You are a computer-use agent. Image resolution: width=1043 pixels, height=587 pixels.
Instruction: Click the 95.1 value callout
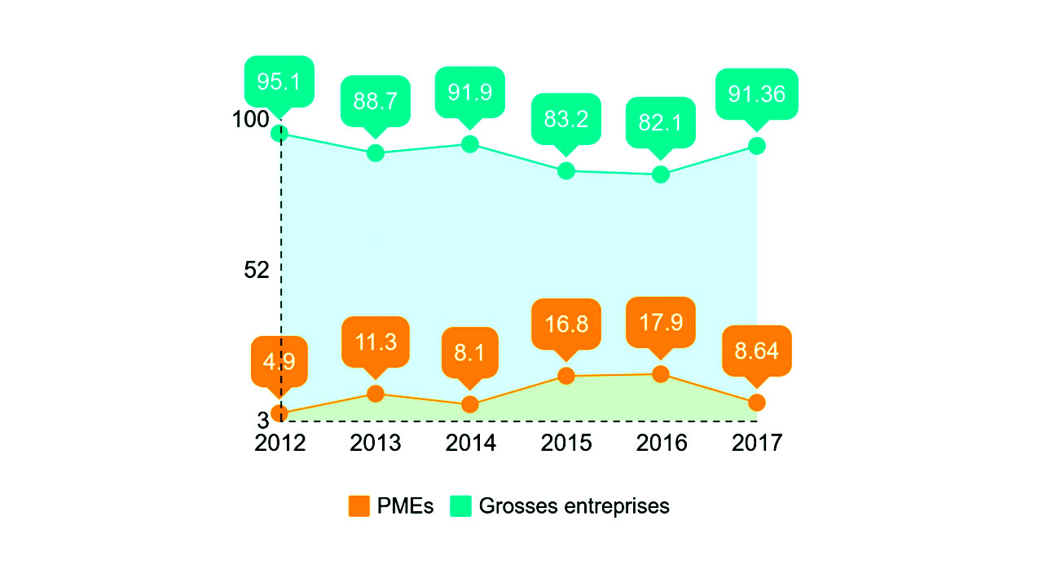(279, 82)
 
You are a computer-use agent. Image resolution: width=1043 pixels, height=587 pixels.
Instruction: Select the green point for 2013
(375, 152)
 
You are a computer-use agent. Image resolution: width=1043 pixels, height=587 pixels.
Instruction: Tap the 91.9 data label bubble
(469, 92)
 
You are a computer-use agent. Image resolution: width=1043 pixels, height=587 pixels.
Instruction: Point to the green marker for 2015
(566, 170)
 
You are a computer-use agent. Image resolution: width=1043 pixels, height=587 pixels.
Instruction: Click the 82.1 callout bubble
(660, 122)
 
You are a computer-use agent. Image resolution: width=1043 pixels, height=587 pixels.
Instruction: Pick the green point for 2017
(756, 145)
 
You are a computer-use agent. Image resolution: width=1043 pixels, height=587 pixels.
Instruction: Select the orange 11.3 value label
(375, 342)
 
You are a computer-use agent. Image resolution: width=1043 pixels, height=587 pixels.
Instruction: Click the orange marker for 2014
(469, 404)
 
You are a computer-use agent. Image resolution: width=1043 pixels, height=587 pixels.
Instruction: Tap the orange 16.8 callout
(566, 324)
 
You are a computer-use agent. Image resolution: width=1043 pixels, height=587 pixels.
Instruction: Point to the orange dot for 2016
(661, 374)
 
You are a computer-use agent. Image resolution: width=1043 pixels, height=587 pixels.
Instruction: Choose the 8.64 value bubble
(756, 351)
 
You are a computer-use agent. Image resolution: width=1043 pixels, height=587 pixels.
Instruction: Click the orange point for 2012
(279, 413)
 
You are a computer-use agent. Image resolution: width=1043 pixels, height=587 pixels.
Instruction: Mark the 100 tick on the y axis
(249, 119)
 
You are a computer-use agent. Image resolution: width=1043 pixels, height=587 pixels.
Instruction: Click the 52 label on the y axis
(256, 270)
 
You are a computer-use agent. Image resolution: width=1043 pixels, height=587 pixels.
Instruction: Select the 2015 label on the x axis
(566, 443)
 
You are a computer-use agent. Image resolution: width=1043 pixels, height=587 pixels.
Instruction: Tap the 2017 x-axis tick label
(756, 443)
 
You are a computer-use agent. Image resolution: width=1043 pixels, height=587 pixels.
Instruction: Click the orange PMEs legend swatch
(359, 505)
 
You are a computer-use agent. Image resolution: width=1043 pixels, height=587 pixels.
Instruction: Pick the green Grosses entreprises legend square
(461, 505)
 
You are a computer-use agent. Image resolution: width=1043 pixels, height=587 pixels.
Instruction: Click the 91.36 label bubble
(756, 94)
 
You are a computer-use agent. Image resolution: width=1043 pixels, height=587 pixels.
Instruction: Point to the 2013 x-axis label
(375, 443)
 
